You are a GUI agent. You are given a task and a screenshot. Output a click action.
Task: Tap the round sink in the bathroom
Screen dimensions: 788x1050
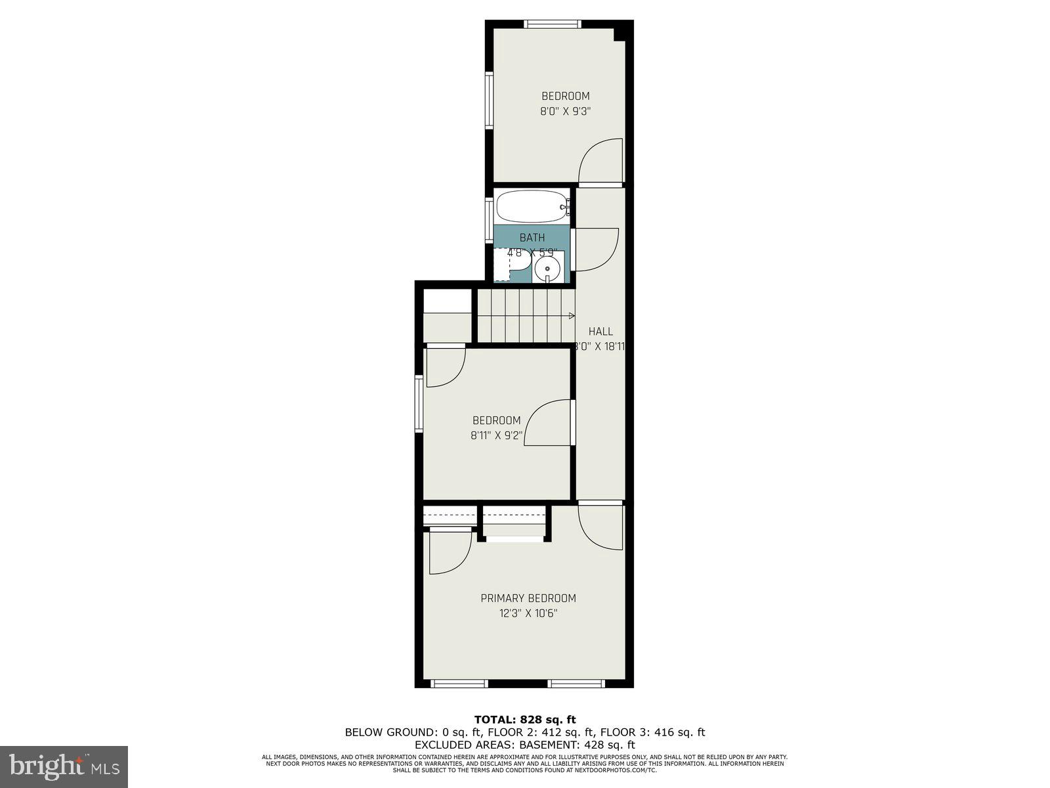pyautogui.click(x=547, y=268)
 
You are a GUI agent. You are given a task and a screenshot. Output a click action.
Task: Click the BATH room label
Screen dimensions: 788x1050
pyautogui.click(x=532, y=238)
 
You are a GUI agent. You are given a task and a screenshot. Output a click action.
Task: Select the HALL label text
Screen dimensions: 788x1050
pyautogui.click(x=600, y=332)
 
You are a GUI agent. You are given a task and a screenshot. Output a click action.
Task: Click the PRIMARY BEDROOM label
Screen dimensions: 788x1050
pyautogui.click(x=528, y=598)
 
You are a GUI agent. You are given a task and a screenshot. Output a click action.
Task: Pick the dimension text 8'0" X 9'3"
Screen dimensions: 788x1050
pyautogui.click(x=565, y=112)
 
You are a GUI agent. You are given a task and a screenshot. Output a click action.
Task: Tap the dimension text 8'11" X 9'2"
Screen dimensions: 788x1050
pyautogui.click(x=496, y=435)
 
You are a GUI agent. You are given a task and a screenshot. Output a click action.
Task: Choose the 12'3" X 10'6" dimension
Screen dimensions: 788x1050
pyautogui.click(x=528, y=614)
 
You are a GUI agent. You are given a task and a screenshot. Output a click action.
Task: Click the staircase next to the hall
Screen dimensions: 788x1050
pyautogui.click(x=525, y=316)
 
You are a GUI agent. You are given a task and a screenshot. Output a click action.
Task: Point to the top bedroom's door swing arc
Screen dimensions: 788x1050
pyautogui.click(x=601, y=161)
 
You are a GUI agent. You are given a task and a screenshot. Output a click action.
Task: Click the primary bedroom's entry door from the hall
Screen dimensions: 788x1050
pyautogui.click(x=600, y=525)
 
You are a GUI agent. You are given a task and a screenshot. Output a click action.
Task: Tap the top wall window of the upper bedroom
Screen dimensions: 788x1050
pyautogui.click(x=553, y=24)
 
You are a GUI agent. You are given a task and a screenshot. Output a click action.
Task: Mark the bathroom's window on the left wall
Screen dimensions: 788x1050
pyautogui.click(x=490, y=219)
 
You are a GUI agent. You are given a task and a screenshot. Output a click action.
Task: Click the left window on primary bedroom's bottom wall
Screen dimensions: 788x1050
pyautogui.click(x=459, y=684)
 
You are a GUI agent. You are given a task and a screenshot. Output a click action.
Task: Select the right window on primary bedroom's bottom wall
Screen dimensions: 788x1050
pyautogui.click(x=576, y=684)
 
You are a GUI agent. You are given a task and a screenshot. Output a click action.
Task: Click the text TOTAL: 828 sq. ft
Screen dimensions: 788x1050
pyautogui.click(x=525, y=720)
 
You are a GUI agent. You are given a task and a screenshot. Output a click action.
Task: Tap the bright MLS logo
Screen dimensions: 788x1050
pyautogui.click(x=64, y=766)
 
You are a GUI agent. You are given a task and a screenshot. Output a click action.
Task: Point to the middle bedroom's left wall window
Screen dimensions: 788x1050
pyautogui.click(x=419, y=404)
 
